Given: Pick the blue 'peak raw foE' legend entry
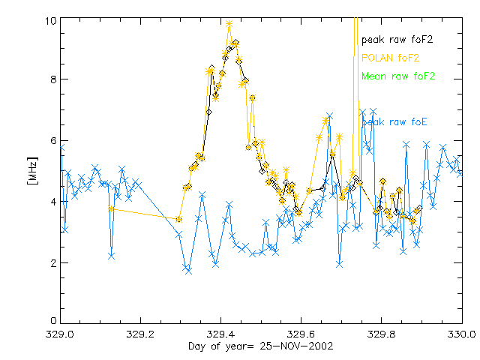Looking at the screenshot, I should coord(395,121).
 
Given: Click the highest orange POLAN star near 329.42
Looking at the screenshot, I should coord(229,24).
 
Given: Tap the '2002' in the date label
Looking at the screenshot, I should coord(322,346).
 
